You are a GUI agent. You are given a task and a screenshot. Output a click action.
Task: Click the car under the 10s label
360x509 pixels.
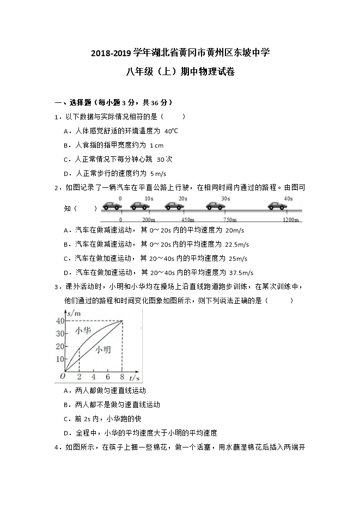140,206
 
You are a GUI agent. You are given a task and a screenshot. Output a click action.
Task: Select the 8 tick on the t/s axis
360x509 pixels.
122,377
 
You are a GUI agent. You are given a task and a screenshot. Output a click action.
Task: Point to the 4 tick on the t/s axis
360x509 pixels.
93,377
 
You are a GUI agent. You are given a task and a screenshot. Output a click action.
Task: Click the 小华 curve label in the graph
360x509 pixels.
83,331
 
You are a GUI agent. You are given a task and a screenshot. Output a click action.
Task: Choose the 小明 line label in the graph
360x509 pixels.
103,350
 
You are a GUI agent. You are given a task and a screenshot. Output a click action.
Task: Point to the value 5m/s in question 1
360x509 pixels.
157,174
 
